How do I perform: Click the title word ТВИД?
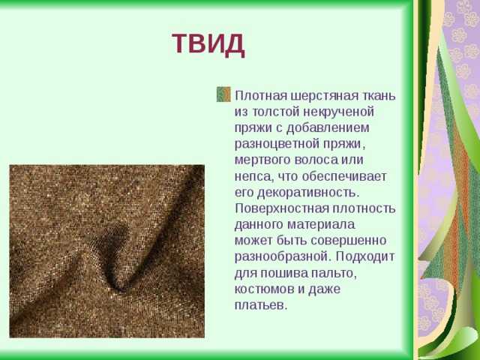208,44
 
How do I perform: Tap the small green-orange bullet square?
223,94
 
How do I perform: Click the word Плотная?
261,95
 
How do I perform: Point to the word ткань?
378,95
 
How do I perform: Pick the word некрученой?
338,112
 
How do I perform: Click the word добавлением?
328,129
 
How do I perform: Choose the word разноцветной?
276,145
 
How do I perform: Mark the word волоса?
316,160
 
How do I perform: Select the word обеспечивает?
344,177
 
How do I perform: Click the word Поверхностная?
282,208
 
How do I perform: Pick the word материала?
321,225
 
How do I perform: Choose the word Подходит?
365,257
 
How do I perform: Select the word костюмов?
265,289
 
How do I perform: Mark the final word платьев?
261,305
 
